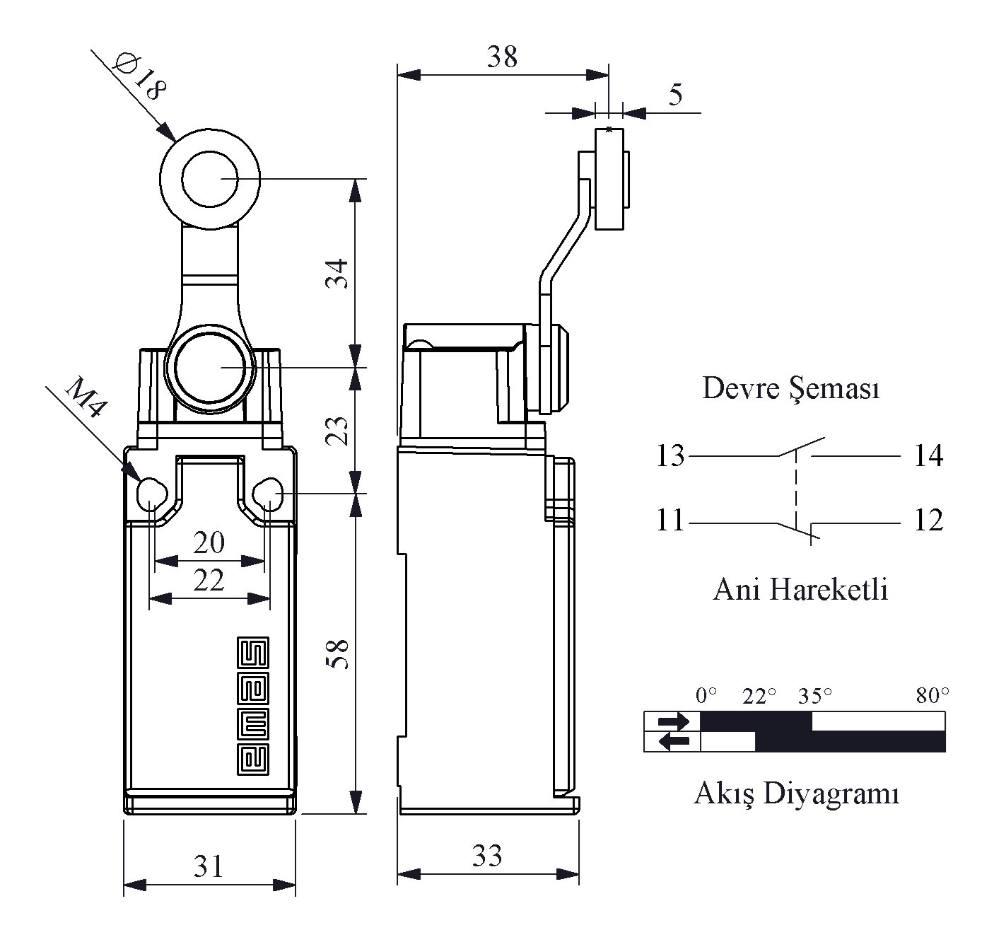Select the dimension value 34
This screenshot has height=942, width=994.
337,274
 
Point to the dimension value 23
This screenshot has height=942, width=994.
337,431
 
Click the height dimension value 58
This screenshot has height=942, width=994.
337,654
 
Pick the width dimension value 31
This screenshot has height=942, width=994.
209,866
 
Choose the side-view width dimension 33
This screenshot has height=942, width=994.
487,856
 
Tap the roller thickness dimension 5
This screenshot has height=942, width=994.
676,95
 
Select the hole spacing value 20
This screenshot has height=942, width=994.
209,542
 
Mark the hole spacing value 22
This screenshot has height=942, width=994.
209,581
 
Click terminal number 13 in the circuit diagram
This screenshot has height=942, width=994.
670,455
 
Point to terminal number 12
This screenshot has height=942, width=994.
929,521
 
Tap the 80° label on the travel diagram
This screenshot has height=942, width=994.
932,696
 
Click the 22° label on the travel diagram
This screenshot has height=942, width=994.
759,696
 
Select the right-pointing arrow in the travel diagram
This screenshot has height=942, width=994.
674,721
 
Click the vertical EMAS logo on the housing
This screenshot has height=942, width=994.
253,706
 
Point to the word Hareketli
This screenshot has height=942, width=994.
829,590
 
